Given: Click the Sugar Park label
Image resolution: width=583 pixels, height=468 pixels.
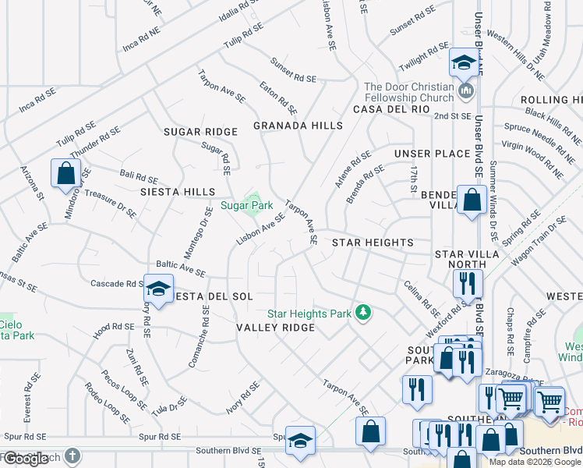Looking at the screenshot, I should click(246, 206).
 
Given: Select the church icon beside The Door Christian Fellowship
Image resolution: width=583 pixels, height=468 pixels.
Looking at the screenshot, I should click(466, 92).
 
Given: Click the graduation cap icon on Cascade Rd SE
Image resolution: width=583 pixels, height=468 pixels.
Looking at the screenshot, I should click(158, 289).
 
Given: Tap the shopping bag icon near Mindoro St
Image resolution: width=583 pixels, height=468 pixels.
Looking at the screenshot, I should click(65, 172).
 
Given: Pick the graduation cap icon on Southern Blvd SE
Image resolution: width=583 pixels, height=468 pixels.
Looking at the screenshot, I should click(300, 441).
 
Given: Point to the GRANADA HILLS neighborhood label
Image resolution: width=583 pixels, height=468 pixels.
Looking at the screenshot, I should click(298, 126).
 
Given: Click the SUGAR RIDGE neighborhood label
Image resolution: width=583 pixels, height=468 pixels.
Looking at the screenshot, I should click(200, 133).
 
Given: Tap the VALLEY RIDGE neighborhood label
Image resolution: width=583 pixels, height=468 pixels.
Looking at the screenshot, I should click(275, 328).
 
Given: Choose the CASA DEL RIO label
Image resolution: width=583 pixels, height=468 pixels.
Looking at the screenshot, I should click(390, 110).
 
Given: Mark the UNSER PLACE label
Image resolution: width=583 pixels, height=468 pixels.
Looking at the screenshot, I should click(432, 154).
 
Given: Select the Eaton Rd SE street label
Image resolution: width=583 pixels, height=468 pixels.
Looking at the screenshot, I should click(279, 97).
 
